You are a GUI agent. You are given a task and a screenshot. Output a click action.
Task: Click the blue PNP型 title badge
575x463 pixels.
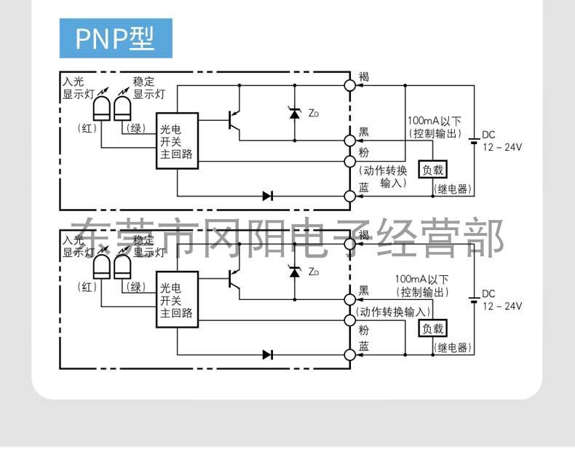click(116, 39)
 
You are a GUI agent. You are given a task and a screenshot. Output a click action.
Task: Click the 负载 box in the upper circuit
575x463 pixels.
click(432, 169)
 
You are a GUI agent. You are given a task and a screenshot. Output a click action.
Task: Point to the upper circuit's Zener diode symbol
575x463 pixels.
click(295, 112)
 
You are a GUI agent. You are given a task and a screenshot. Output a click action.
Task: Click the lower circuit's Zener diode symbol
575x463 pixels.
click(295, 272)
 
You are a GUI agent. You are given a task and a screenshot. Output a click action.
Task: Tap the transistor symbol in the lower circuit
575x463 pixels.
click(234, 278)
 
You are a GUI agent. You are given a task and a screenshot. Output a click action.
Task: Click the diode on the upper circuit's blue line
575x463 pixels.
click(268, 195)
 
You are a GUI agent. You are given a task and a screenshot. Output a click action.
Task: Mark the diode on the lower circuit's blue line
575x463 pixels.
click(268, 355)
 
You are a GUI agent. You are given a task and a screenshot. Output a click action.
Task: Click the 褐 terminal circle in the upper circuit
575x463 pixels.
click(349, 85)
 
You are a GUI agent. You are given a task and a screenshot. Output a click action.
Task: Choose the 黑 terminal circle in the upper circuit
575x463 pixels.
click(349, 139)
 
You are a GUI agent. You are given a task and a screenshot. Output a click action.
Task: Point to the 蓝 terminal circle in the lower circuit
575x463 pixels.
click(349, 355)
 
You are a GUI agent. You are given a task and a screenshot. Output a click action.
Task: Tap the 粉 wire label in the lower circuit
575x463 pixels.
click(364, 330)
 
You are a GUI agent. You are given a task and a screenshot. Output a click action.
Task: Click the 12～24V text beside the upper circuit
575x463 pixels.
click(501, 147)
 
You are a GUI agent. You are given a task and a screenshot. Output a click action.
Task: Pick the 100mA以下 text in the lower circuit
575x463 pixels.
click(421, 279)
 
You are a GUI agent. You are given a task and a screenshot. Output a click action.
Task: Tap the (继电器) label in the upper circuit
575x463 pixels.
click(453, 189)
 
